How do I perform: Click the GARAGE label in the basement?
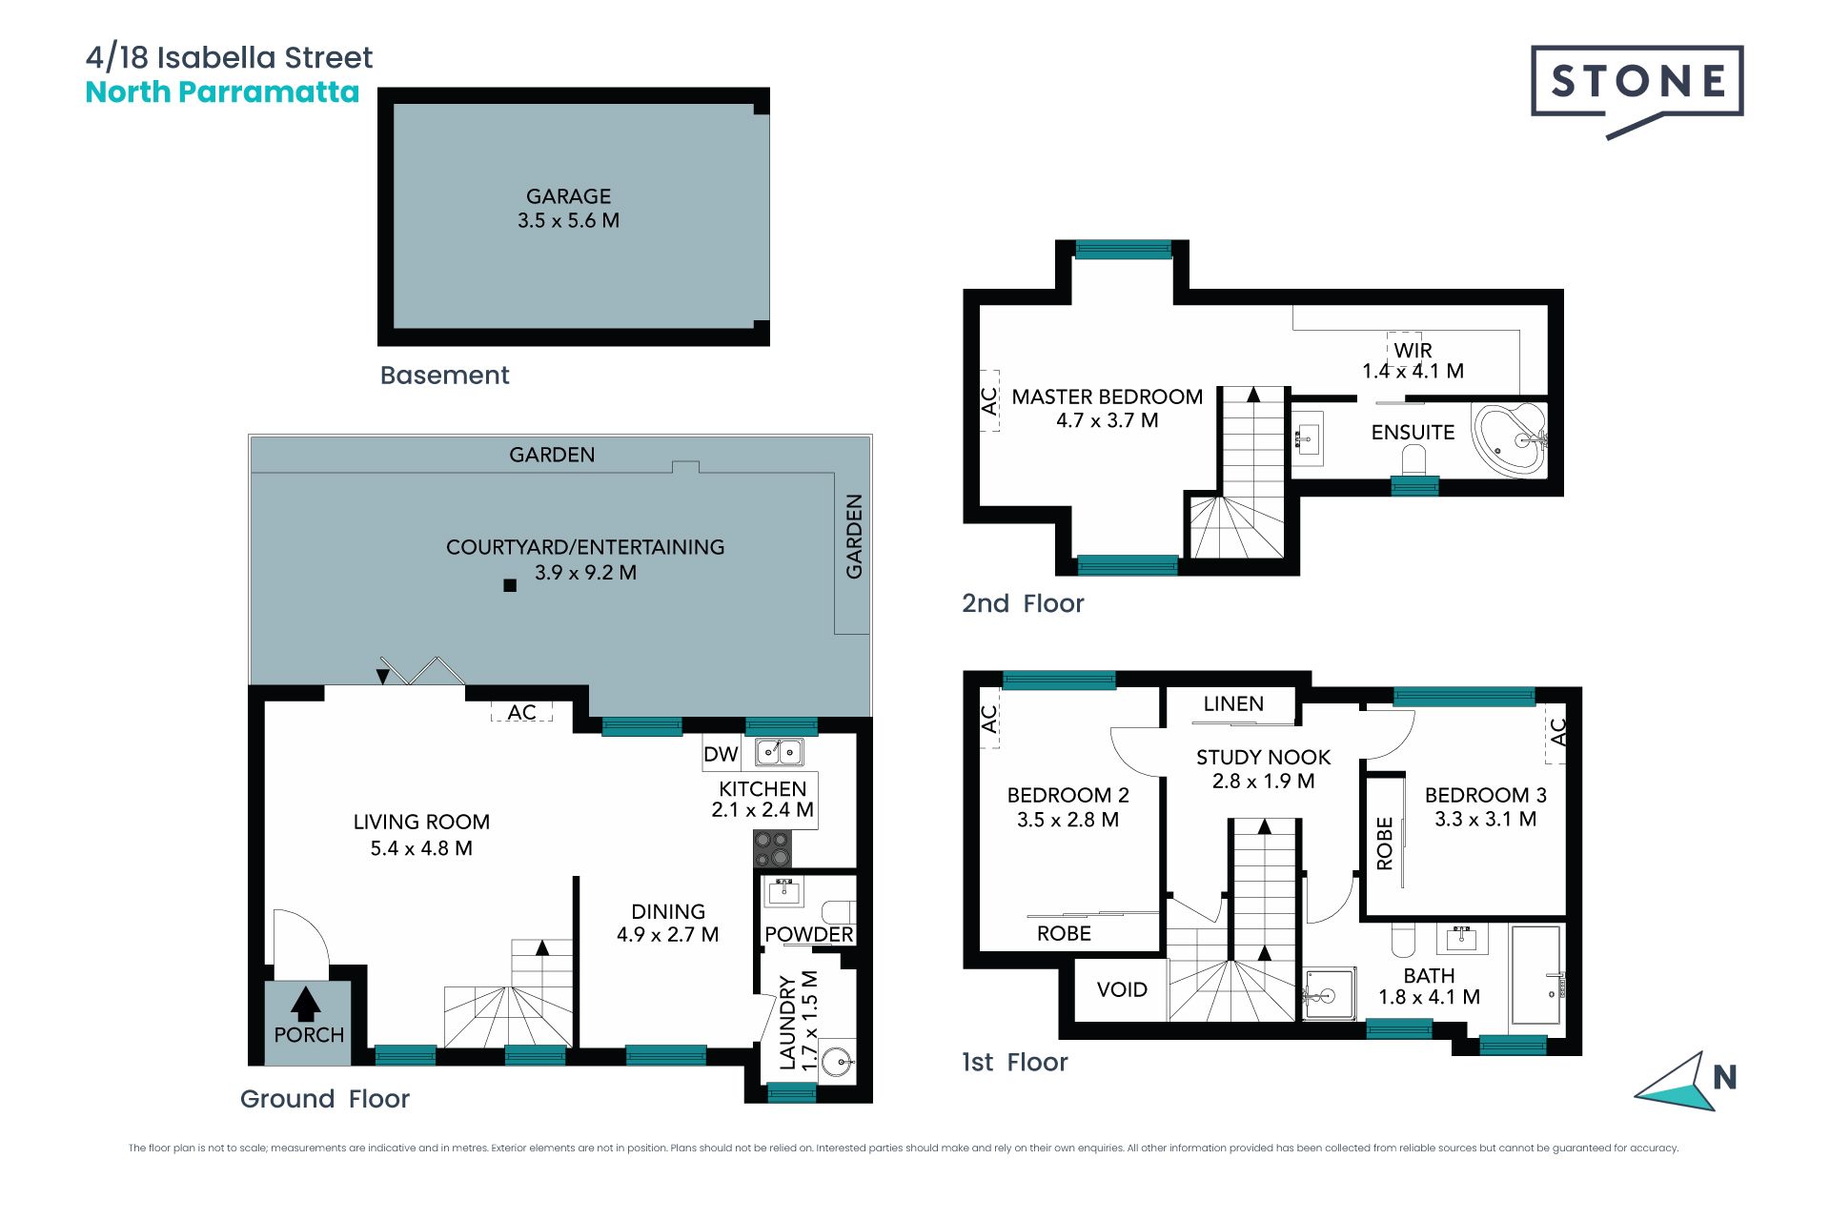click(x=569, y=196)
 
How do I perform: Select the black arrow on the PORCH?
click(x=306, y=1004)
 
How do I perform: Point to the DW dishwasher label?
click(x=722, y=755)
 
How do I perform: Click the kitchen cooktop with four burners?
click(x=772, y=848)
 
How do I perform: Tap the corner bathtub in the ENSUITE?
click(x=1510, y=439)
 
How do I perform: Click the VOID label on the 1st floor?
click(x=1122, y=989)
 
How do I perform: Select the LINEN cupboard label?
click(x=1233, y=703)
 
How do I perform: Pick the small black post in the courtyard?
click(x=510, y=585)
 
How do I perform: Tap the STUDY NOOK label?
click(x=1264, y=758)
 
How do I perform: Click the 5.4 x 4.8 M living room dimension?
click(x=421, y=848)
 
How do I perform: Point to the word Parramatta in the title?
click(x=269, y=92)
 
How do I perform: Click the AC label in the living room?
click(x=521, y=712)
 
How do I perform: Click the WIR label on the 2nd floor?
click(x=1413, y=351)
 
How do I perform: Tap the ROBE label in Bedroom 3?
click(x=1385, y=844)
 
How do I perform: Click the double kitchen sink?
click(x=780, y=752)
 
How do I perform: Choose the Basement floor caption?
click(x=444, y=376)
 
